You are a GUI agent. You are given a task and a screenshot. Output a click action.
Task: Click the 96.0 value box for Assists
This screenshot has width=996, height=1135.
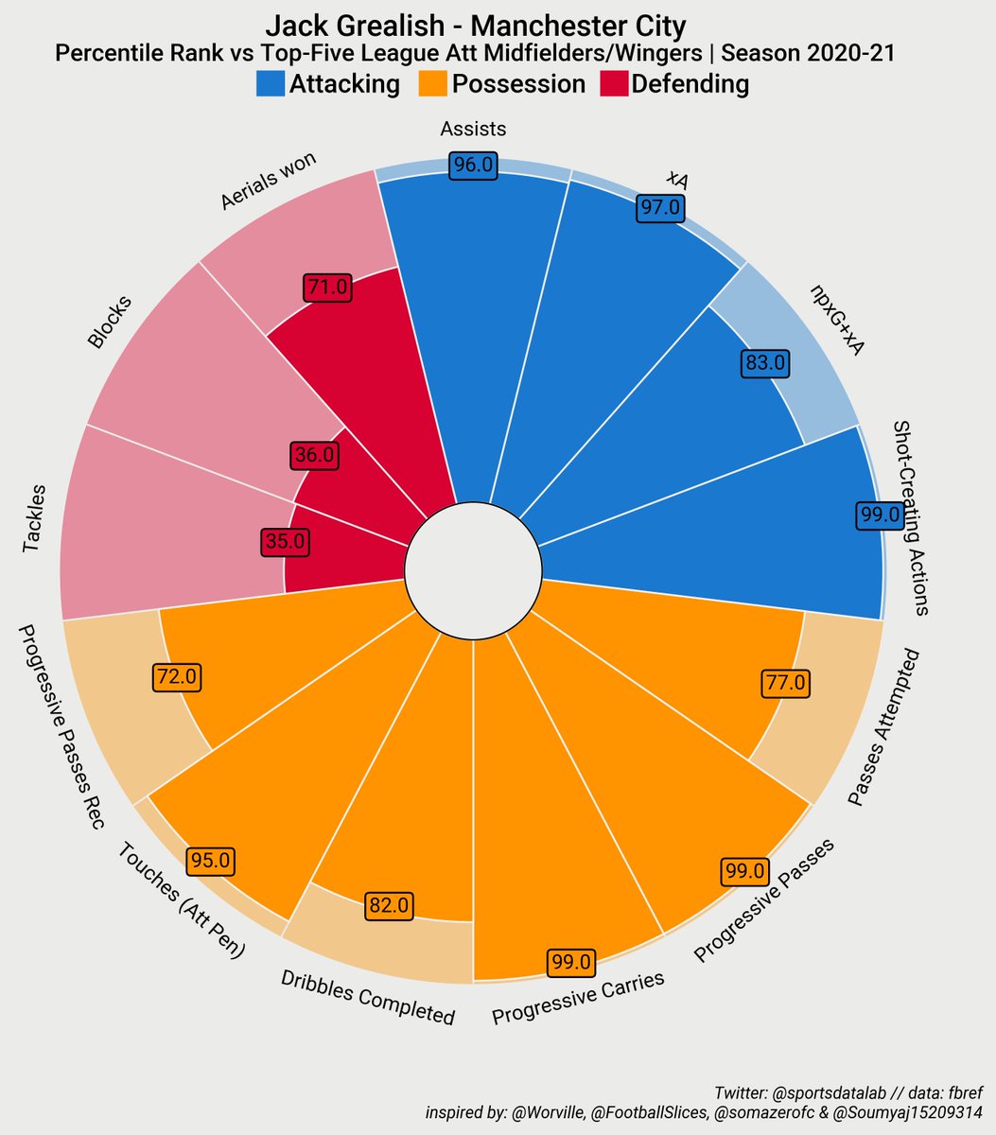tap(473, 165)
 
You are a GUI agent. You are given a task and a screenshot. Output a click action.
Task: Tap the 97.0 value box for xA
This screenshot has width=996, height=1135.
tap(659, 207)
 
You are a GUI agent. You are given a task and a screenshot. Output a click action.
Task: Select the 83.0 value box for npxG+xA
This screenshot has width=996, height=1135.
tap(765, 362)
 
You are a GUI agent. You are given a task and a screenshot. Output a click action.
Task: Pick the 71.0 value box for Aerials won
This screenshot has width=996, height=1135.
tap(328, 287)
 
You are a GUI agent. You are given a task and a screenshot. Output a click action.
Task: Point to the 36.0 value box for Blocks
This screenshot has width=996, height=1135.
tap(314, 455)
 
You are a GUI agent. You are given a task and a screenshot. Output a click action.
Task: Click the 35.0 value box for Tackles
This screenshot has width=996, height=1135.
tap(285, 542)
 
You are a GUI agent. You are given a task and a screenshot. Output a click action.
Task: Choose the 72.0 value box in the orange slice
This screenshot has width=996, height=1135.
tap(177, 676)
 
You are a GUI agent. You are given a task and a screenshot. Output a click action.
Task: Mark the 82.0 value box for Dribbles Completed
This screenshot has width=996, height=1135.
tap(389, 905)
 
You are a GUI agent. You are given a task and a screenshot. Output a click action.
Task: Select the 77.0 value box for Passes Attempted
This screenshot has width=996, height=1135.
tap(786, 682)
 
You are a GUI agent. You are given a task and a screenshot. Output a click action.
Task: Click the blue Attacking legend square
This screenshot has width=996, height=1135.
tap(271, 84)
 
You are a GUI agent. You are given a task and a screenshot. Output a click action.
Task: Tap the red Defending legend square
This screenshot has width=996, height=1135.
tap(615, 84)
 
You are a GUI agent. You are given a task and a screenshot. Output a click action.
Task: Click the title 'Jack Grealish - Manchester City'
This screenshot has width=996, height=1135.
tap(476, 26)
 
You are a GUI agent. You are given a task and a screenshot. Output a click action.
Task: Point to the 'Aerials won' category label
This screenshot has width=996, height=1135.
tap(268, 182)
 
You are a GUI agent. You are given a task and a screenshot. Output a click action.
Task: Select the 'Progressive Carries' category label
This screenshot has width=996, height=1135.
tap(578, 999)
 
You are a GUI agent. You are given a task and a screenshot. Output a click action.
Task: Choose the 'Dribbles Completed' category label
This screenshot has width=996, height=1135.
tap(368, 998)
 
